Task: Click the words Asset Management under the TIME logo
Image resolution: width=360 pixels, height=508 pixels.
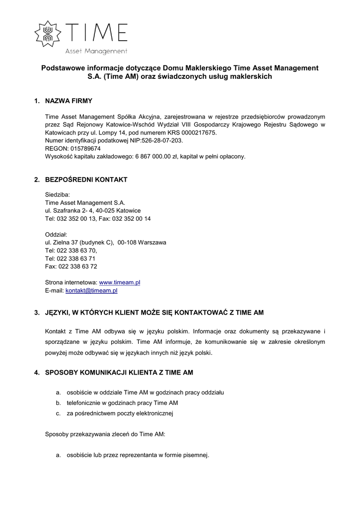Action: pyautogui.click(x=96, y=51)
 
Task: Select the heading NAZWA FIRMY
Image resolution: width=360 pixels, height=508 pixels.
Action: pyautogui.click(x=69, y=101)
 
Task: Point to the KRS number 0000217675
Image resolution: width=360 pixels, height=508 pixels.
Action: pyautogui.click(x=198, y=132)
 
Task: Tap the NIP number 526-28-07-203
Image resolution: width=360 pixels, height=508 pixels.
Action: pyautogui.click(x=162, y=140)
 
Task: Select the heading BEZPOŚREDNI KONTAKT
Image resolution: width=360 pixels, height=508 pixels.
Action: pyautogui.click(x=86, y=180)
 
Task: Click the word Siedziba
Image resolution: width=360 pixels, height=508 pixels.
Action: pyautogui.click(x=58, y=194)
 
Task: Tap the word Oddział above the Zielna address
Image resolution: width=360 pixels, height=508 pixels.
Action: pyautogui.click(x=56, y=234)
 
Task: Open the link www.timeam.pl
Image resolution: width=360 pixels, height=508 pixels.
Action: pyautogui.click(x=120, y=282)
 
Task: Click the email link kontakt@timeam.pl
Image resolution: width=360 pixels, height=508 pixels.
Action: pyautogui.click(x=91, y=290)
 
